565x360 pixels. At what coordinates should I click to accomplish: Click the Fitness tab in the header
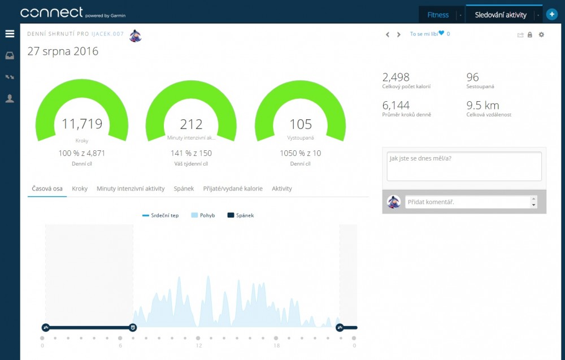coord(438,15)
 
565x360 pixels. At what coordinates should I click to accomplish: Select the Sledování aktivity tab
coord(501,15)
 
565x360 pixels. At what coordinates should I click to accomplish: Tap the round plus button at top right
coord(552,15)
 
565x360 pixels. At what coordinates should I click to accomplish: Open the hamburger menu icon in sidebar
coord(10,34)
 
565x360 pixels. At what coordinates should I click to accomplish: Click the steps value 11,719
coord(82,124)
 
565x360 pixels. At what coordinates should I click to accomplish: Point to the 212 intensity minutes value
coord(191,124)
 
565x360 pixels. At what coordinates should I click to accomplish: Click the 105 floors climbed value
coord(301,124)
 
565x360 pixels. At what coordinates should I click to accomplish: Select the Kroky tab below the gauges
coord(80,189)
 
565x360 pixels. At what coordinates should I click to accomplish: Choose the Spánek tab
coord(184,189)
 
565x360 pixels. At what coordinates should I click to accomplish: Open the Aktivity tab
coord(282,189)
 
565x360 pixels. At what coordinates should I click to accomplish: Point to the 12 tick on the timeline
coord(198,345)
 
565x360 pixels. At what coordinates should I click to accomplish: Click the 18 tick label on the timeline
coord(276,345)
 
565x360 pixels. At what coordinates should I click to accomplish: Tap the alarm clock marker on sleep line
coord(133,327)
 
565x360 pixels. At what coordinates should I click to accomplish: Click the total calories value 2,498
coord(396,77)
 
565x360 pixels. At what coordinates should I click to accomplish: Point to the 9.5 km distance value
coord(483,105)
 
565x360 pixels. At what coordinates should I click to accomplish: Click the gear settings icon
coord(541,35)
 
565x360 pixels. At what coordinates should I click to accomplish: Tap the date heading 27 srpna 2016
coord(63,51)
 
